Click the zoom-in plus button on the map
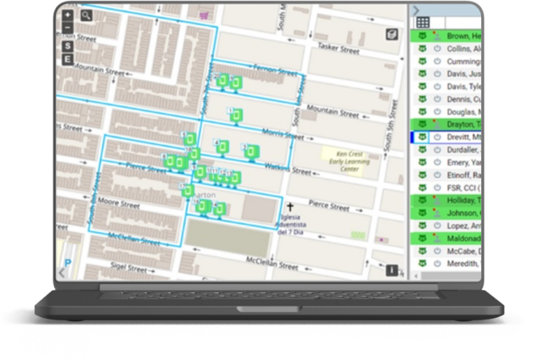(x=68, y=15)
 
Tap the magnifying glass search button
(x=87, y=15)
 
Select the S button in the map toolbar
(x=68, y=46)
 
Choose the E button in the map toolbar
(x=68, y=59)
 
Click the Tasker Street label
(x=338, y=48)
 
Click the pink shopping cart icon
(x=203, y=14)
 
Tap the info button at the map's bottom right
(x=392, y=270)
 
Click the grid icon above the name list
(x=423, y=22)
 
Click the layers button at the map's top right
(x=392, y=34)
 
